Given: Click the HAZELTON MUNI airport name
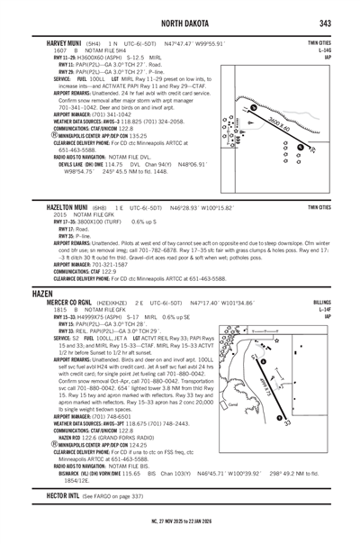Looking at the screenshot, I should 60,206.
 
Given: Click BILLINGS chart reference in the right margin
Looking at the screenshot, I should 321,304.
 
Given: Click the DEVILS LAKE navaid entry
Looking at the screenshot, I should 57,165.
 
